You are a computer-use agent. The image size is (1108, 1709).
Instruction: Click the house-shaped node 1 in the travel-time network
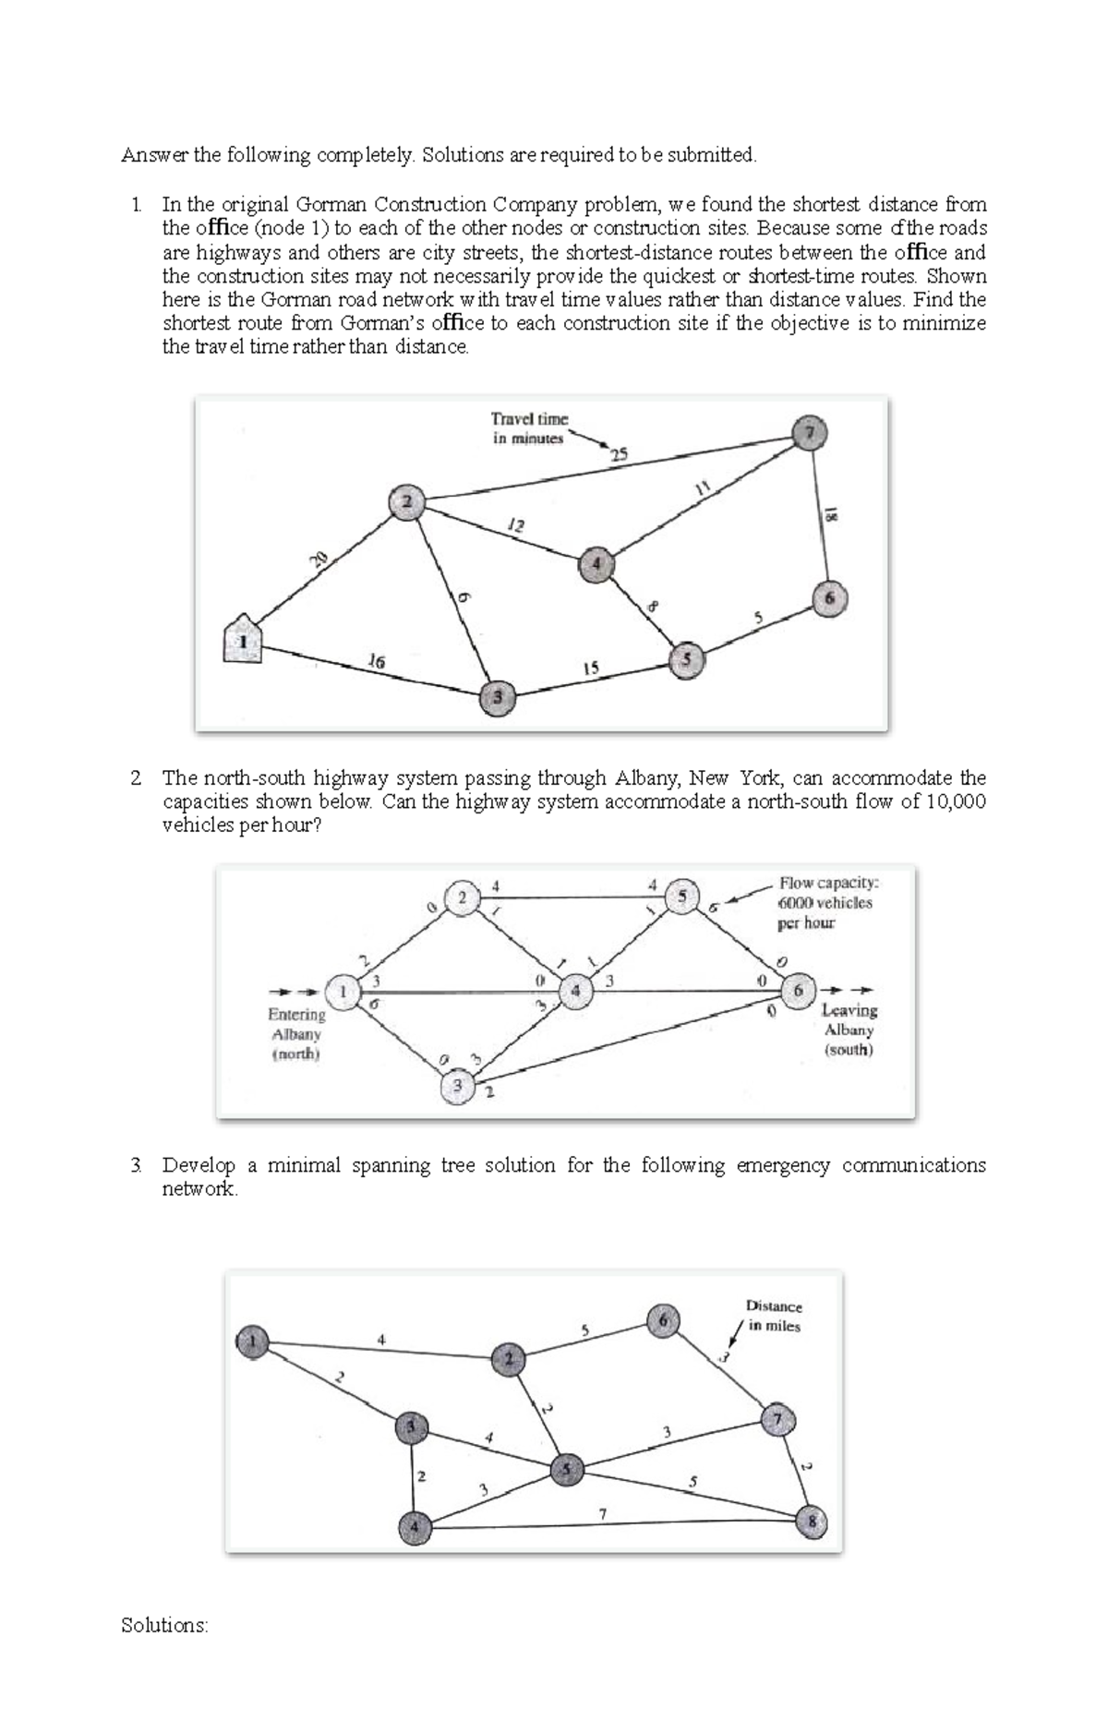(242, 639)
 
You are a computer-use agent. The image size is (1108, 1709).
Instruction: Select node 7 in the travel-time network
(810, 432)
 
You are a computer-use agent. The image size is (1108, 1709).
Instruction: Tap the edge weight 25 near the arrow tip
(618, 453)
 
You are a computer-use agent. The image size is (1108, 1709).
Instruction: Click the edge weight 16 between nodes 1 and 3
(376, 661)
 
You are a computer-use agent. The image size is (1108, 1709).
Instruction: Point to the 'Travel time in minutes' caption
(529, 428)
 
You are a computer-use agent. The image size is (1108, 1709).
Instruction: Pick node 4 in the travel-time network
(596, 563)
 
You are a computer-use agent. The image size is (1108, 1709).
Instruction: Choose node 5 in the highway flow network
(682, 896)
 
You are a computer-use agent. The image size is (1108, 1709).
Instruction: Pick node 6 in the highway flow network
(799, 992)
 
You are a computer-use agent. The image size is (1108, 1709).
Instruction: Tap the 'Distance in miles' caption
(774, 1316)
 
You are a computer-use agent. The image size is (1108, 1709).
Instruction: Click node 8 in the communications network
(812, 1522)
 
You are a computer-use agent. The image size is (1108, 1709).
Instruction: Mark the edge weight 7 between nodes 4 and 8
(603, 1513)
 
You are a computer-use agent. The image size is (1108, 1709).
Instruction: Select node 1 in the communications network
(252, 1341)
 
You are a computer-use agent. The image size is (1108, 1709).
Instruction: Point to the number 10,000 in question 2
(956, 801)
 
